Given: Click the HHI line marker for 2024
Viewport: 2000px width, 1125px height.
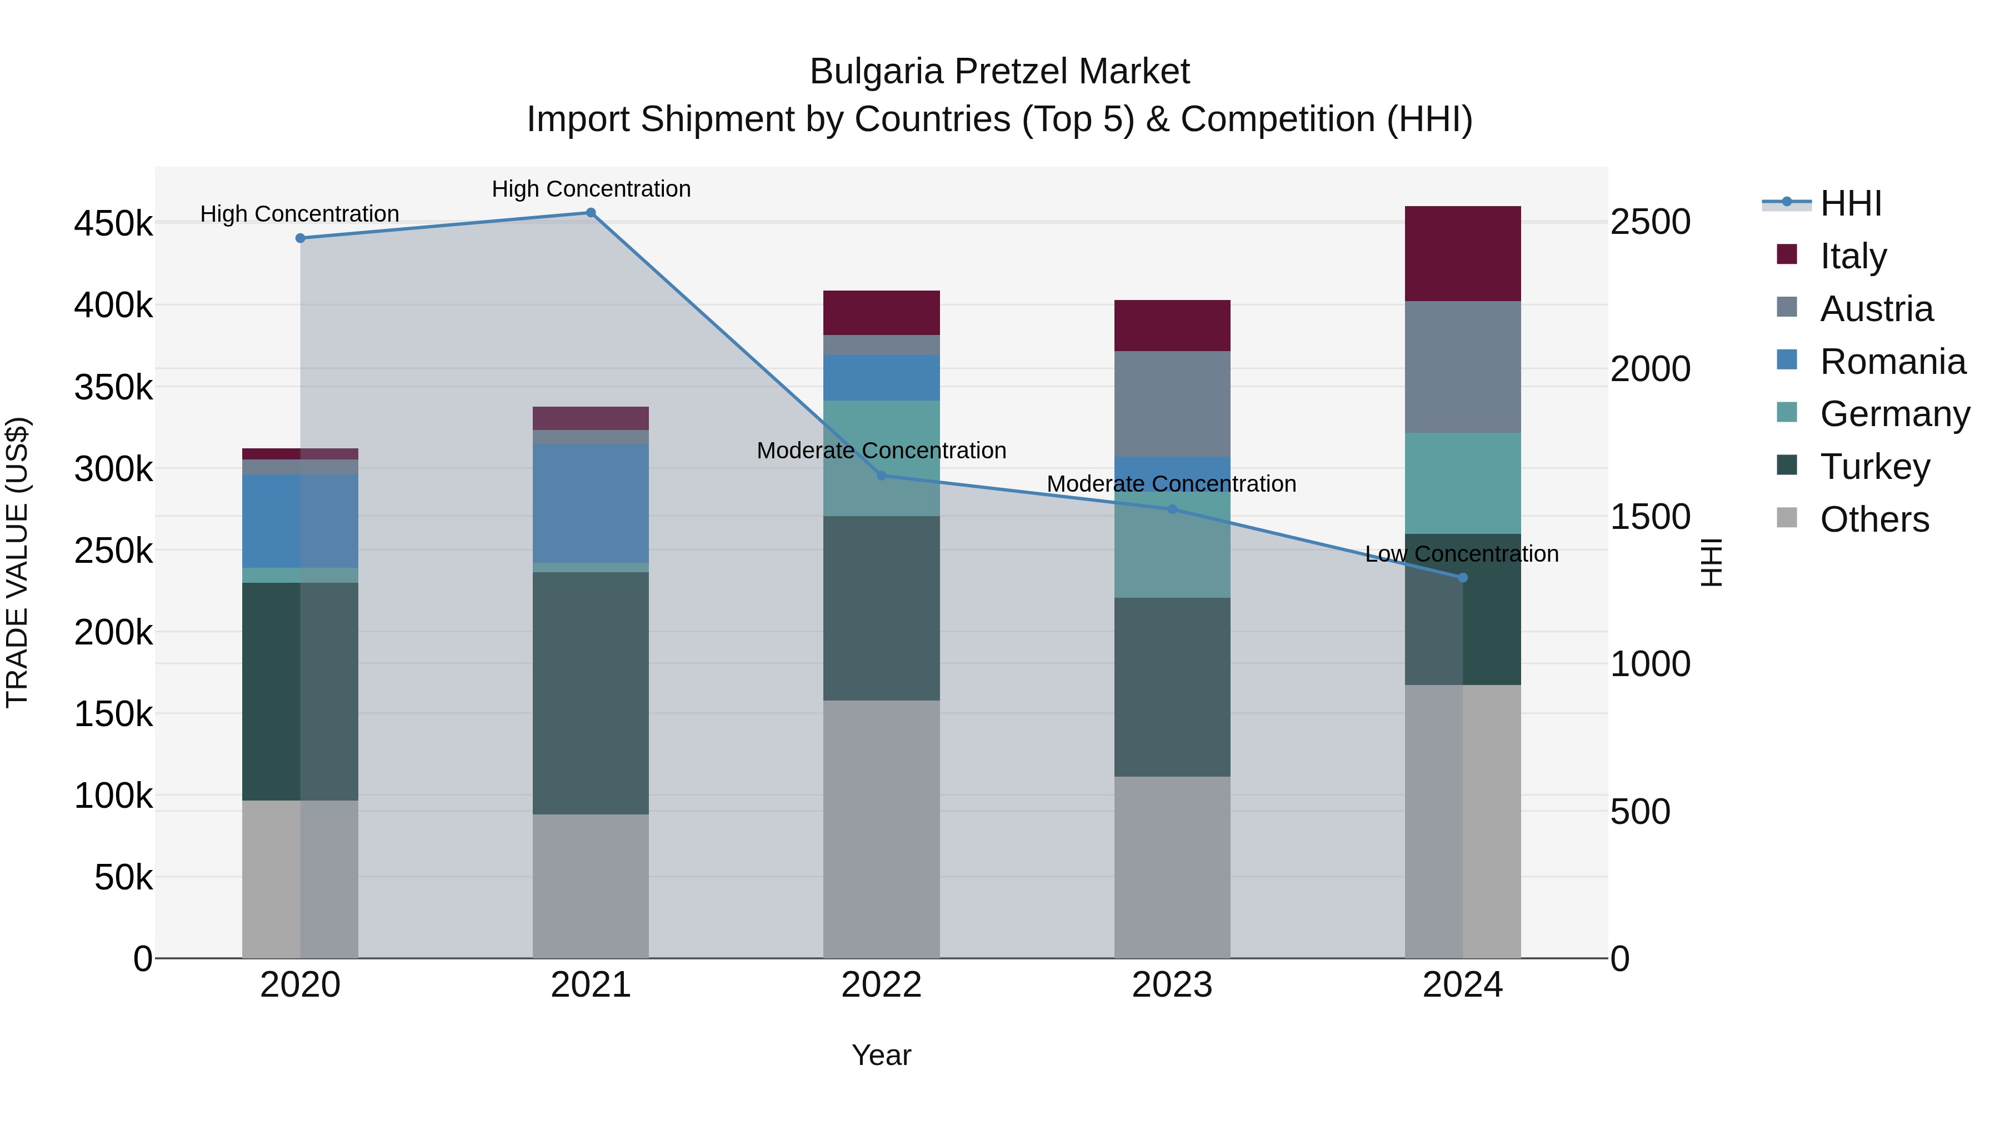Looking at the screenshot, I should [1463, 578].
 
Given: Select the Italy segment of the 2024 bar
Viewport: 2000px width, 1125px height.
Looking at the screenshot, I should [1463, 254].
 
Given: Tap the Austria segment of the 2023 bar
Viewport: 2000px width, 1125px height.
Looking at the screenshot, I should [1172, 404].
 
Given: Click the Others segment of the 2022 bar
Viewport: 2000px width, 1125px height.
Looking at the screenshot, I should [881, 829].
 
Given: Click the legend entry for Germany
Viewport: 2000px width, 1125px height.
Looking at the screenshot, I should [1894, 414].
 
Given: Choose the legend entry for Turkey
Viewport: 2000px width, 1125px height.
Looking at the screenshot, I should [1874, 467].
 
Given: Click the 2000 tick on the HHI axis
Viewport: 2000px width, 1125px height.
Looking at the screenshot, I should [1650, 369].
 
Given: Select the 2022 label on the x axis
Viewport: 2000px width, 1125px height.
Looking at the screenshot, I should [881, 984].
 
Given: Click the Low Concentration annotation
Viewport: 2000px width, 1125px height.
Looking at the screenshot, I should [1461, 553].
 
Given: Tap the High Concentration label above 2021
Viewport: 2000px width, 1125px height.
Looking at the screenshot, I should [591, 189].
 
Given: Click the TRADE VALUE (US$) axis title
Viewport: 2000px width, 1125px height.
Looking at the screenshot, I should [17, 562].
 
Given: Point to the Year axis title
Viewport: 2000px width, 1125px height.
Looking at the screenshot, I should [881, 1055].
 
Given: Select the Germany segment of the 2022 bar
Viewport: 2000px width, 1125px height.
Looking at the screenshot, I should [881, 458].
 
